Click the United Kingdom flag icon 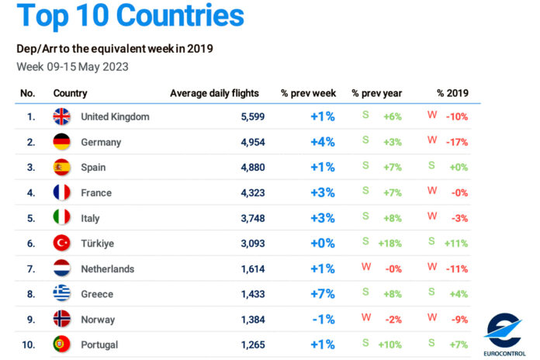coord(61,116)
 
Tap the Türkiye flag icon coord(61,243)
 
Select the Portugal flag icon coord(61,344)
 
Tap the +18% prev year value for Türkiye coord(389,244)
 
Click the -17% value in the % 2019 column coord(457,143)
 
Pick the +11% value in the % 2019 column coord(456,244)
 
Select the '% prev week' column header coord(308,93)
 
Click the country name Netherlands coord(107,268)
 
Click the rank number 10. coord(28,344)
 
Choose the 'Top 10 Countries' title coord(130,16)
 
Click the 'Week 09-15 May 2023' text coord(72,66)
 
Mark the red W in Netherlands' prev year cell coord(365,267)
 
